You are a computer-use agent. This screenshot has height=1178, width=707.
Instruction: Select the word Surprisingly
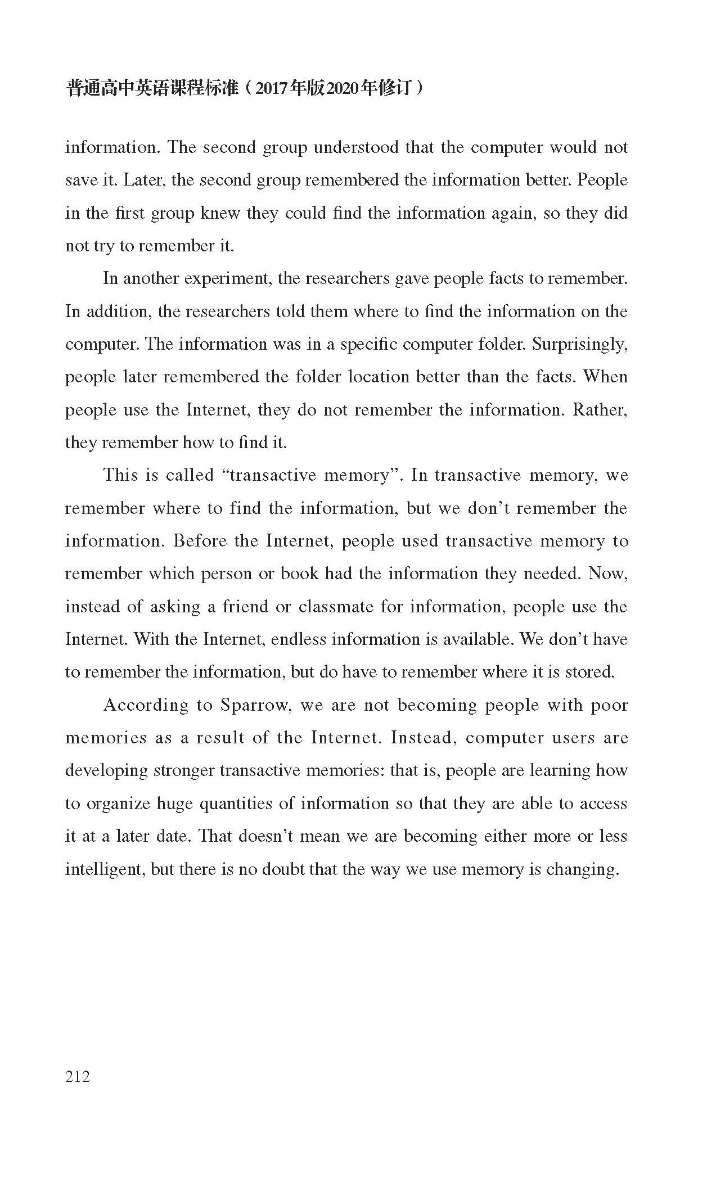pos(579,344)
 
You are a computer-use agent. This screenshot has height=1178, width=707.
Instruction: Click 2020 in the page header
pos(343,89)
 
